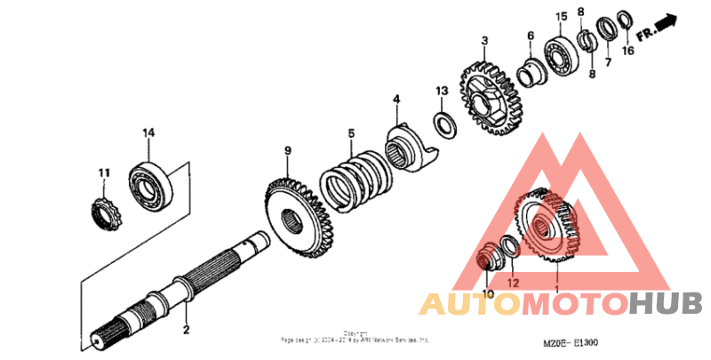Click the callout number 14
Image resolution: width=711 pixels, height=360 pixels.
(x=148, y=132)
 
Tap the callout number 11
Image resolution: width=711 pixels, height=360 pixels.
(x=103, y=172)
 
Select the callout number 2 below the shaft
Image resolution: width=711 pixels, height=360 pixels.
(x=186, y=331)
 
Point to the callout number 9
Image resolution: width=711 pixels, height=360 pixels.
(x=287, y=150)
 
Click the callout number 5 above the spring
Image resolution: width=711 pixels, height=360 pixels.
(x=351, y=133)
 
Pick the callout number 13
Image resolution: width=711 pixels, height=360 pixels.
(x=442, y=91)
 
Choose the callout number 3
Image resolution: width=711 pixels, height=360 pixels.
(x=485, y=40)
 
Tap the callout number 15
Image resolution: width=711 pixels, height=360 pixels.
(x=561, y=18)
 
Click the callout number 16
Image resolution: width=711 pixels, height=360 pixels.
(x=627, y=52)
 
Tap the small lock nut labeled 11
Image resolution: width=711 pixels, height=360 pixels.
(x=107, y=214)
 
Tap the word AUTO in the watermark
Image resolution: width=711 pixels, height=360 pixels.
(x=468, y=304)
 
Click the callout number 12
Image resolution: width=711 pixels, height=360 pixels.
(x=512, y=283)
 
